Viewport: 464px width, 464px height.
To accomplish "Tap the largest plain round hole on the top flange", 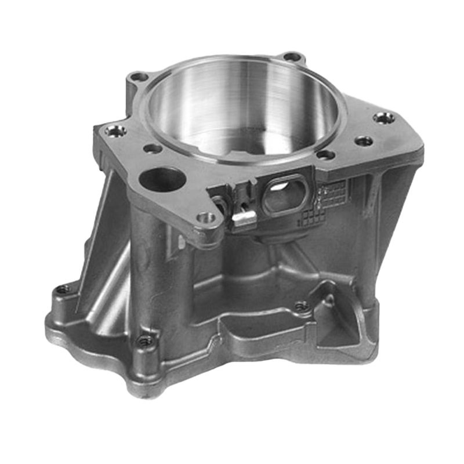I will (x=162, y=179).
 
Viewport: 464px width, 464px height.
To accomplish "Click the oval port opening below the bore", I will (x=285, y=195).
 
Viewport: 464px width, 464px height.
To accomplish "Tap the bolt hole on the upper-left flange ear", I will (x=139, y=76).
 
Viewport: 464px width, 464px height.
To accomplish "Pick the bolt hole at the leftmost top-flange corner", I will (x=117, y=130).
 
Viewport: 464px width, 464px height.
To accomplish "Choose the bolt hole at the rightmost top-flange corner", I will (x=384, y=118).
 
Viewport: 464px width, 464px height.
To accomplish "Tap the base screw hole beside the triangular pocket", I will (x=301, y=306).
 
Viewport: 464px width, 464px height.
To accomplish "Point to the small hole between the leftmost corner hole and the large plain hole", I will (x=153, y=148).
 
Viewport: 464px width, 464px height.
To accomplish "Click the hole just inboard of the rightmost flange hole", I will (x=364, y=141).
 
